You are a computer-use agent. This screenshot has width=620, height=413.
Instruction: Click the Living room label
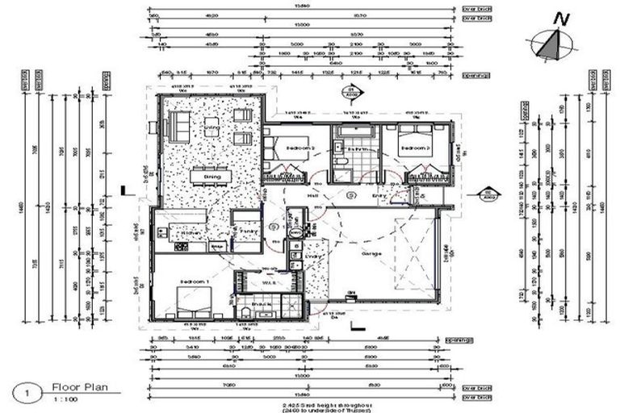[212, 128]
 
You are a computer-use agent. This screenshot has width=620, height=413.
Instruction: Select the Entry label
[379, 194]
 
